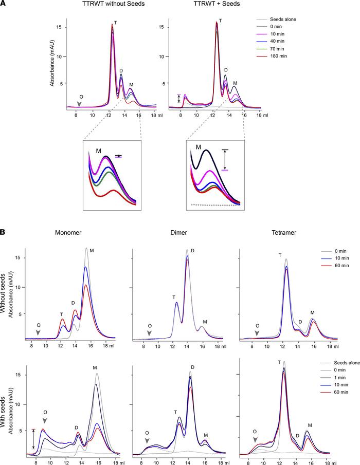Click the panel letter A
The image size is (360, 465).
pos(4,5)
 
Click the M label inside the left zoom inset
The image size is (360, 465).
pos(98,151)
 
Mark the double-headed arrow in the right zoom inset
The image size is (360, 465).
pos(225,159)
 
